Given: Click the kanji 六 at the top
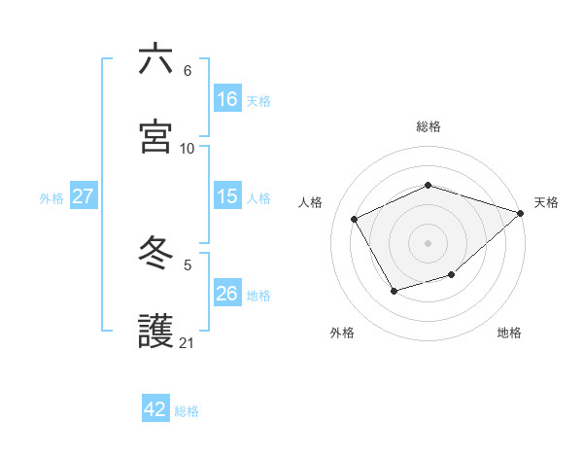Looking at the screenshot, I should pos(155,59).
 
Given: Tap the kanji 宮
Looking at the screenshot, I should pos(155,135).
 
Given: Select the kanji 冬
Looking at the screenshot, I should pos(155,254).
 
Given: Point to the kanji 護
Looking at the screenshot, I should pos(155,330).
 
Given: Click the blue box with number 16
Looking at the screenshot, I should pos(227,98).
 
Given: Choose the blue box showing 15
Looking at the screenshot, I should pos(227,196).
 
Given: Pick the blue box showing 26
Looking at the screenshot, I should pos(227,294).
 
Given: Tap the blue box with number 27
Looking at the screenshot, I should pos(84,196).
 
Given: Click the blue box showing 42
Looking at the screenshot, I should pos(155,409).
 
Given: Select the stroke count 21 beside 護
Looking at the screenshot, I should pos(188,342).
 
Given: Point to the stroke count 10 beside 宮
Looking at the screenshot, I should pos(188,148).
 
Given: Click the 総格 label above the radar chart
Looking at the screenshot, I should pos(429,126).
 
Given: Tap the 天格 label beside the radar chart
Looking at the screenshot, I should pos(546,202).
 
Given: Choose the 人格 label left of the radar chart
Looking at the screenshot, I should pos(311,202).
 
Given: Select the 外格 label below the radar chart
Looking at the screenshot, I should pos(342,334).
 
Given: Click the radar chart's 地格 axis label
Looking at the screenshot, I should pos(509,334).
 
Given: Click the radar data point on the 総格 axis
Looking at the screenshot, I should pos(428,185).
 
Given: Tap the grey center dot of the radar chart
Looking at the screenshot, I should pos(428,243).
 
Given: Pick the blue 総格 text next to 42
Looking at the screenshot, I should pos(187,411).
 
